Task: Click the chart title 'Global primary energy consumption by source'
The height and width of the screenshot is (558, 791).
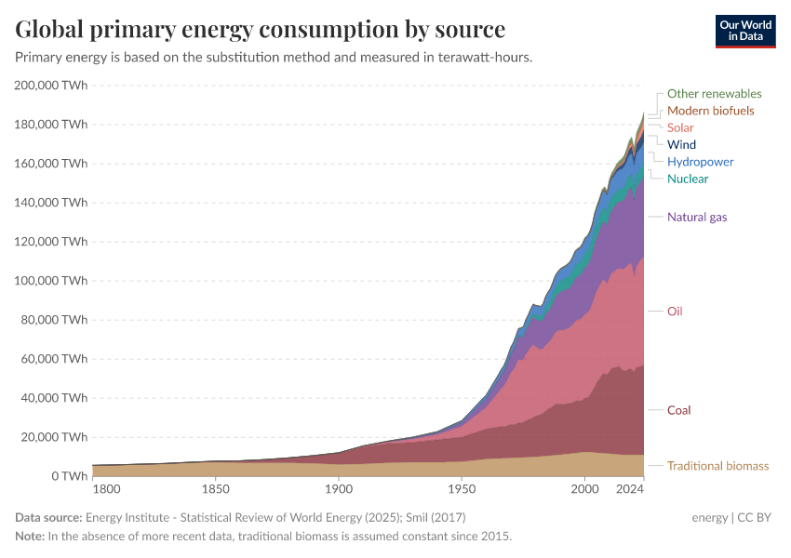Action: click(x=261, y=29)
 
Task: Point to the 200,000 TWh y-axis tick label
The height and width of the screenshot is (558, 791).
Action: click(x=52, y=85)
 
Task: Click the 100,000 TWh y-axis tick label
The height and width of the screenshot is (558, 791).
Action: click(x=52, y=280)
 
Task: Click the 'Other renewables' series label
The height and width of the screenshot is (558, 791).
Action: click(x=714, y=94)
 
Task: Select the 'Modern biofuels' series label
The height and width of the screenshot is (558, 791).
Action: click(x=710, y=111)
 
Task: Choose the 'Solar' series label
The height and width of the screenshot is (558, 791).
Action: click(x=680, y=127)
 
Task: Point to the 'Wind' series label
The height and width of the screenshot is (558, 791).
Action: click(x=681, y=144)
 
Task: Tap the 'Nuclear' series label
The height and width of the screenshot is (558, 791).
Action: click(x=687, y=179)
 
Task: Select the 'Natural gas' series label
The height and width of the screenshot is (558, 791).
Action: click(x=697, y=217)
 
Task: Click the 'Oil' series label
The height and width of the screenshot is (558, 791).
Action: click(x=675, y=311)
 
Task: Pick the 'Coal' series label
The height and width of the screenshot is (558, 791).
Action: click(x=678, y=410)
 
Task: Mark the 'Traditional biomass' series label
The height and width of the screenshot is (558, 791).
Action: click(x=717, y=466)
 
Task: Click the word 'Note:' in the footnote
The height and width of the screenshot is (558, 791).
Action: click(x=30, y=537)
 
